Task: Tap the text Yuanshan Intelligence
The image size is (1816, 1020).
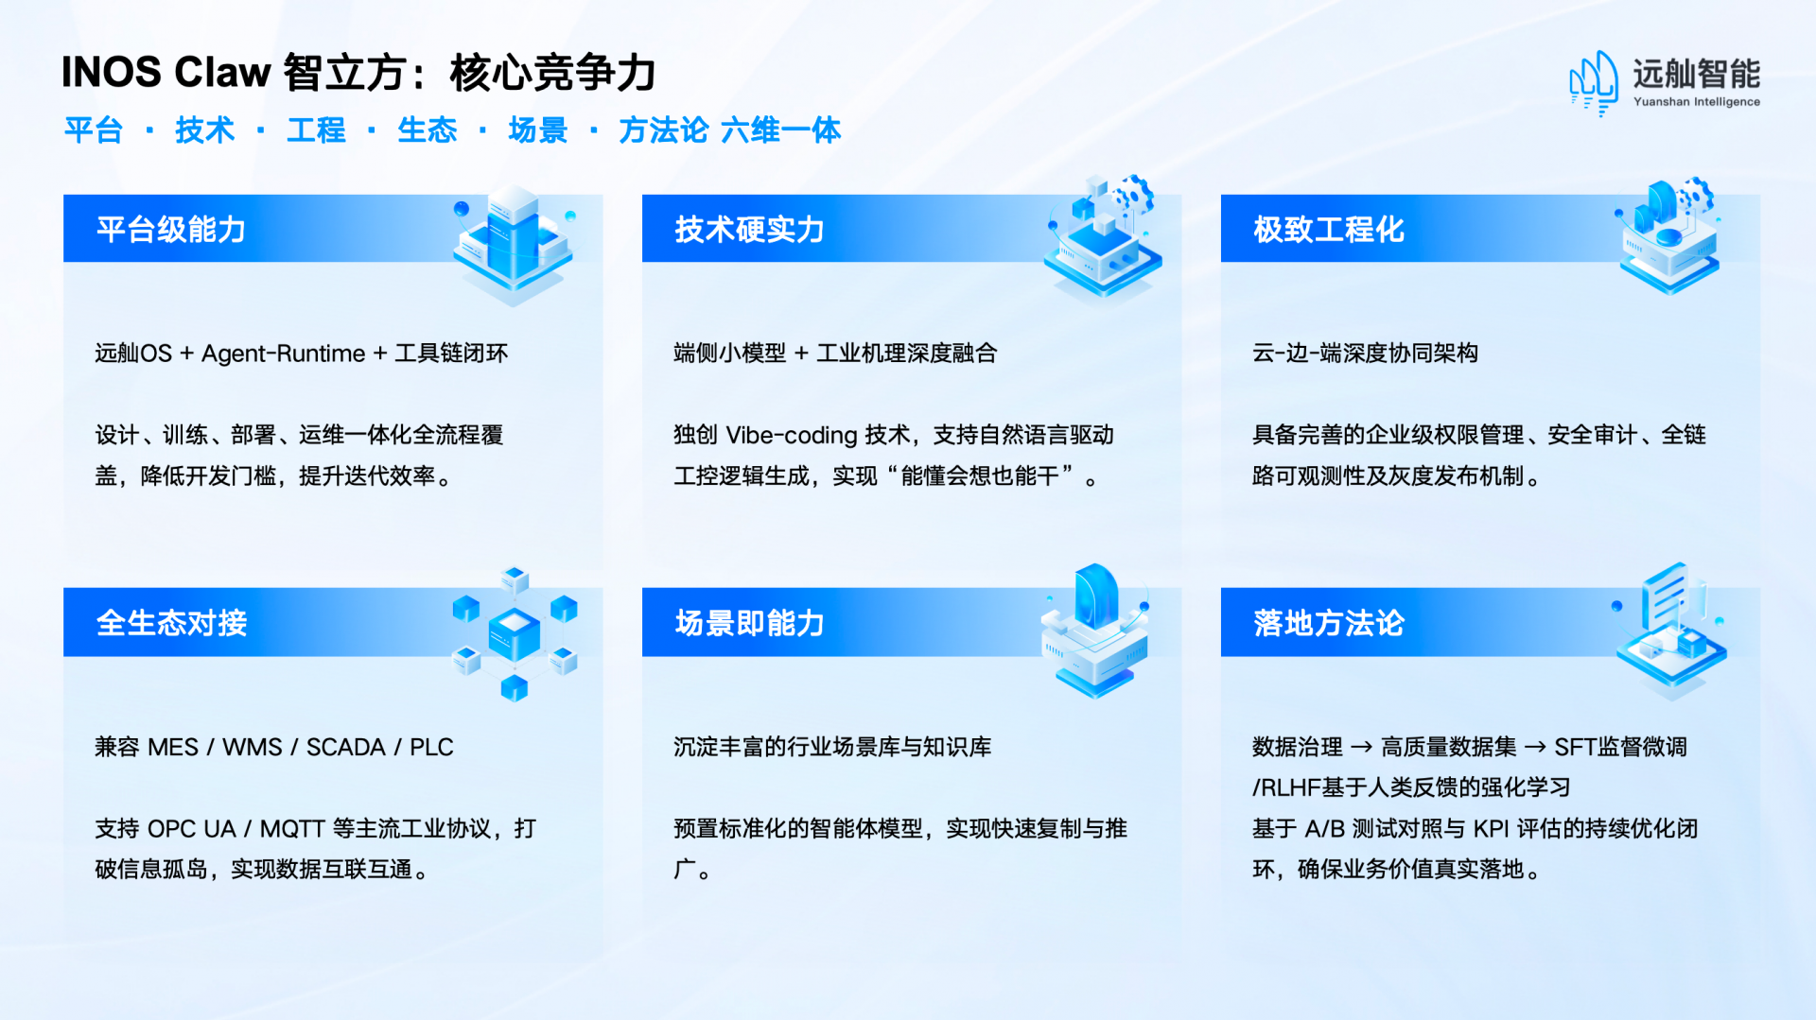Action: (1697, 102)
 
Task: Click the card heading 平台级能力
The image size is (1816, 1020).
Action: (171, 230)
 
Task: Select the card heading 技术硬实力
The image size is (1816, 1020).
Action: (749, 230)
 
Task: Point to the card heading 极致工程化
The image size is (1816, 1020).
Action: (1329, 230)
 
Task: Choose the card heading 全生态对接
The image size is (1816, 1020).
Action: (171, 623)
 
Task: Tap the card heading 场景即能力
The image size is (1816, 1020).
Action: (749, 623)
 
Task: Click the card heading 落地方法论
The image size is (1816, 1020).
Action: (1329, 623)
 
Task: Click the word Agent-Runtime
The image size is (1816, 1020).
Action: (284, 354)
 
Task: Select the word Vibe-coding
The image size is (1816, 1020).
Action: (792, 435)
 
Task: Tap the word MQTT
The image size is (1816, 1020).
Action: (292, 829)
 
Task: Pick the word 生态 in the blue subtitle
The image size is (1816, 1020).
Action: (428, 130)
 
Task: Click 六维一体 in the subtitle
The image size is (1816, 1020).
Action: (781, 130)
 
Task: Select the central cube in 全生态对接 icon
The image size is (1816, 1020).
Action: (514, 633)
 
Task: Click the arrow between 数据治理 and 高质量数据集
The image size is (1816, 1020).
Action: (1362, 747)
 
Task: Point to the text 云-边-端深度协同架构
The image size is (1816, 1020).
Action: (1365, 354)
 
